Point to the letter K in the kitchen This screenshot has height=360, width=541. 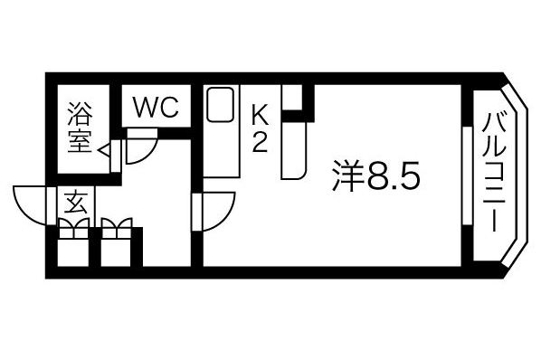[260, 115]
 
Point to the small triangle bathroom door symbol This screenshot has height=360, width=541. [105, 149]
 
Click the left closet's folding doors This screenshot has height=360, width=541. [74, 228]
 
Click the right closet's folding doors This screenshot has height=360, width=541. [117, 228]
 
